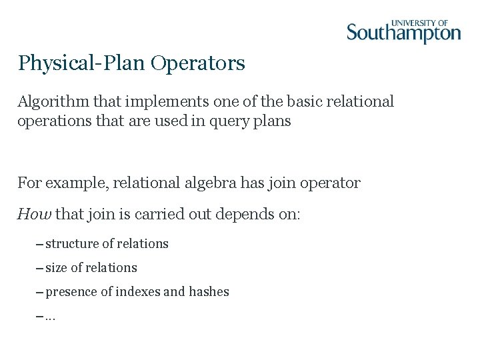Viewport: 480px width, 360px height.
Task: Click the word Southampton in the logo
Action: tap(403, 33)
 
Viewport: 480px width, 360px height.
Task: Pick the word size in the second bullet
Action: tap(56, 268)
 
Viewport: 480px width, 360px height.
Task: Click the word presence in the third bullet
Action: tap(71, 292)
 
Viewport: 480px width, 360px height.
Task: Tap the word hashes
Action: tap(209, 292)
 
